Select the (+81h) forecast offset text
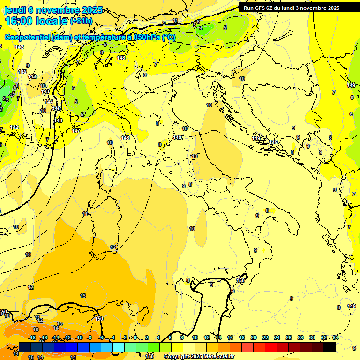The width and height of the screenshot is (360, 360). coord(81,21)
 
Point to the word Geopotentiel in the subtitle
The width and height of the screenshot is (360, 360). coord(28,37)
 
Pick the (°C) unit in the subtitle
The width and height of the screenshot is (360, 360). coord(169,37)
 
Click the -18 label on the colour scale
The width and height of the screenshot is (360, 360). coord(32,337)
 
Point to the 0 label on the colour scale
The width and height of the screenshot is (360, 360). coord(135,337)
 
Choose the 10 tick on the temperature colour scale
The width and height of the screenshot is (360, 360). coord(194,337)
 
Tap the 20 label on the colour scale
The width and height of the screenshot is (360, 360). coord(254,337)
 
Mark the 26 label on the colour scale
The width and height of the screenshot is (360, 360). coord(289,337)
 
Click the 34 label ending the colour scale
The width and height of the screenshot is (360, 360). coord(336,337)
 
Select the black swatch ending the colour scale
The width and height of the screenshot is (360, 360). coord(330,347)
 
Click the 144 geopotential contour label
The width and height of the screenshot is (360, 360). coord(49,102)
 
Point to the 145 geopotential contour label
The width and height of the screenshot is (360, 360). coord(56,109)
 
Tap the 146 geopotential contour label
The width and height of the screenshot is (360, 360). coord(59,121)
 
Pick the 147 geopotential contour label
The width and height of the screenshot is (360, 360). coord(76,131)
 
